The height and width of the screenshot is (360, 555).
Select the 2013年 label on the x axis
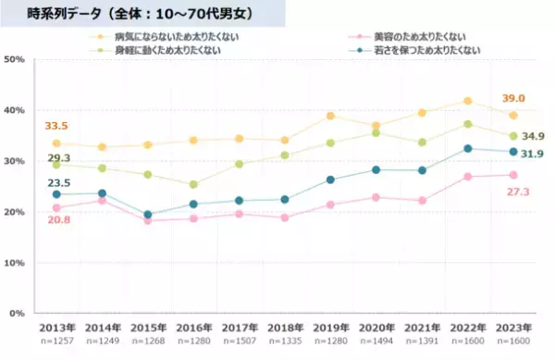[x=56, y=328]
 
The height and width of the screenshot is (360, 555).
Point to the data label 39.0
[x=513, y=98]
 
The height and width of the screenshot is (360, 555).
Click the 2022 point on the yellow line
[x=468, y=101]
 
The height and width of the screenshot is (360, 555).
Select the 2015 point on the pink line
[x=147, y=220]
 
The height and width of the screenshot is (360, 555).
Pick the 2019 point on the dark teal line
[x=329, y=180]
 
